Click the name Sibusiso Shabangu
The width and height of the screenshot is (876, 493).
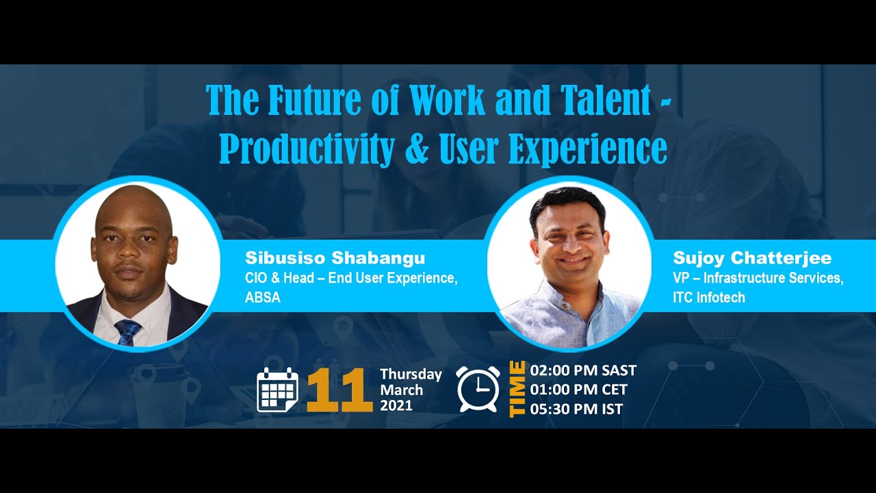pos(335,258)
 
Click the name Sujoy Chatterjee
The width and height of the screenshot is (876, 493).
pos(752,258)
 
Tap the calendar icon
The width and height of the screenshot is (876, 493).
pos(277,390)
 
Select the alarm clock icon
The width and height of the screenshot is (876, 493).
pos(478,389)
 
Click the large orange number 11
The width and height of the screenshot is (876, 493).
pos(335,391)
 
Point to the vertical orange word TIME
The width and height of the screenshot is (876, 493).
pos(517,389)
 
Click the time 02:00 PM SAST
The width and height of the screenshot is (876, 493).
pos(583,370)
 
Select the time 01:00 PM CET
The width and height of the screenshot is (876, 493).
pos(578,390)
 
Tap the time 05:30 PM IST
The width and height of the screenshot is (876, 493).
pos(576,409)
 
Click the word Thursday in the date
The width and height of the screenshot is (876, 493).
pos(411,374)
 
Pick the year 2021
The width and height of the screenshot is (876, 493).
pos(396,405)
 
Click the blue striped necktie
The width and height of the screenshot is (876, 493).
pos(128,332)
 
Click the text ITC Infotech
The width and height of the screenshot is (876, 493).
pos(709,297)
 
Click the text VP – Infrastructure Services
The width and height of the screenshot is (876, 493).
pos(758,278)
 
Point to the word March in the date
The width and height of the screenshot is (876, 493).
pos(402,390)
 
